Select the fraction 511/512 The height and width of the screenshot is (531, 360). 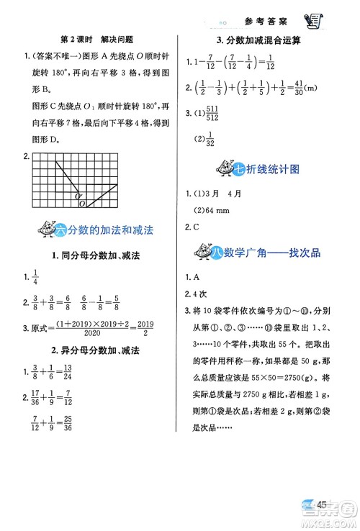[212, 113]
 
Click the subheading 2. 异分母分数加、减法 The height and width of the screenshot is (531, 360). [96, 350]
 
